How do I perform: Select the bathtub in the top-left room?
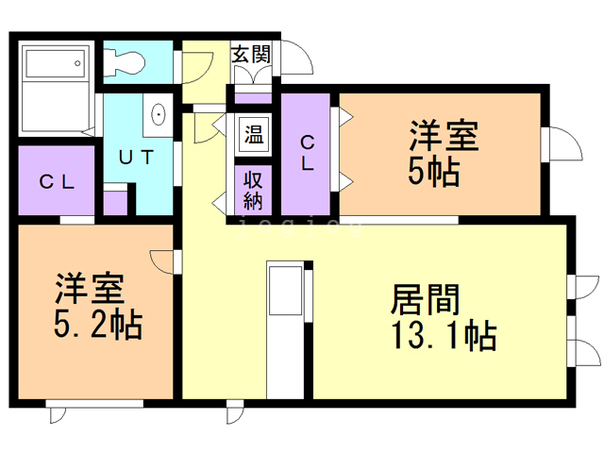coord(54,64)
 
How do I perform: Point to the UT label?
coord(133,157)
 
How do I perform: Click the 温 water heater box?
coord(254,133)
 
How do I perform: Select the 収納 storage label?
coord(253,189)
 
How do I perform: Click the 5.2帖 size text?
coord(96,326)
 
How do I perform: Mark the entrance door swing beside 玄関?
coord(298,57)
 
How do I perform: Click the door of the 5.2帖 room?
coord(161,260)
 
